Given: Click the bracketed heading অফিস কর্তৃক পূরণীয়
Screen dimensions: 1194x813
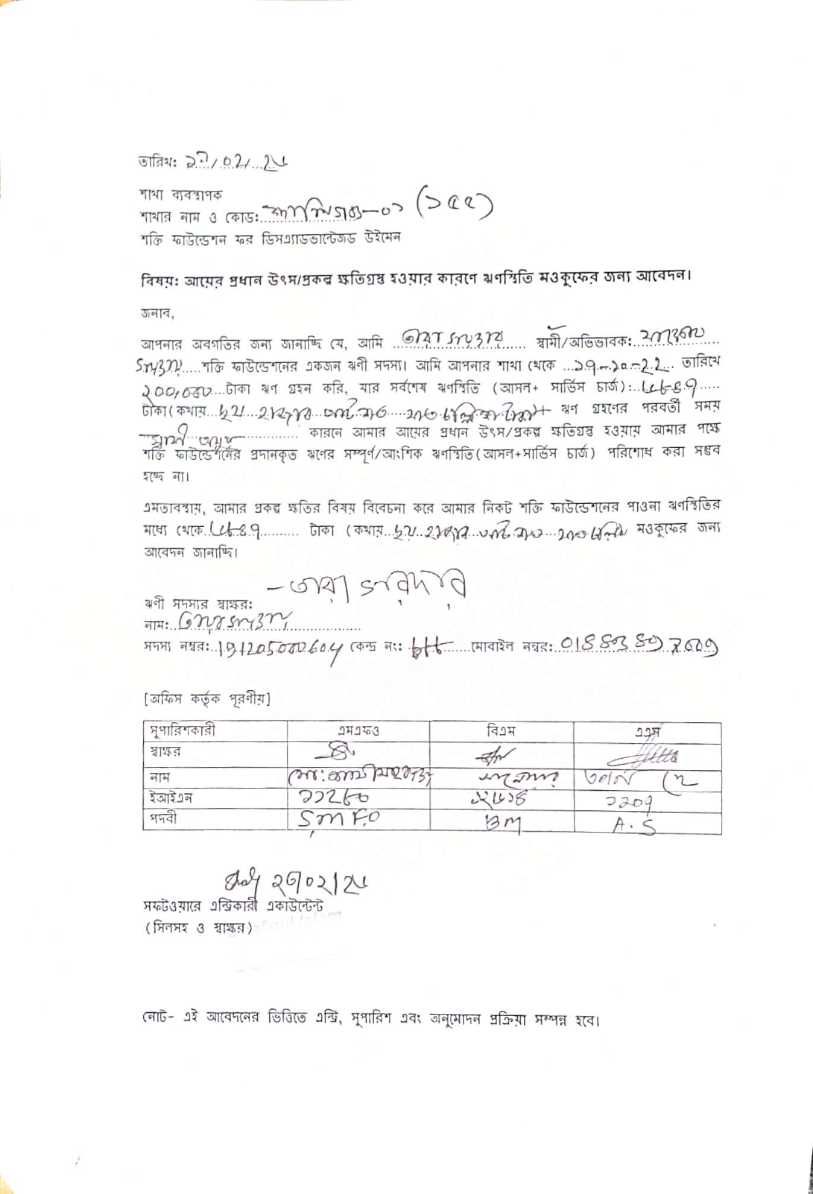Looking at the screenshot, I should (x=206, y=699).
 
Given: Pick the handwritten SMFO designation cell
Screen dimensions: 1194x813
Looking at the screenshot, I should (x=339, y=820).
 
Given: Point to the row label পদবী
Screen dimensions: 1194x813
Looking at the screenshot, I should (x=163, y=819).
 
